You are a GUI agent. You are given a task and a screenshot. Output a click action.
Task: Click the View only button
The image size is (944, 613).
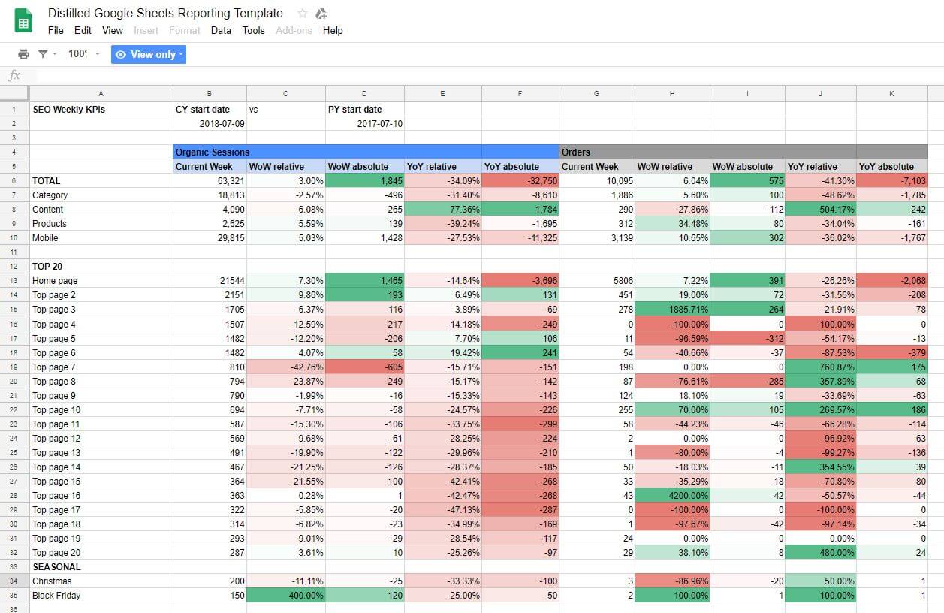pos(148,54)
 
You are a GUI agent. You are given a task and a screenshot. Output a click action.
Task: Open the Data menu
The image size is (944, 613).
pos(221,30)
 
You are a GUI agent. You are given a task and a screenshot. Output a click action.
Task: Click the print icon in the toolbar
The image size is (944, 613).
pos(23,54)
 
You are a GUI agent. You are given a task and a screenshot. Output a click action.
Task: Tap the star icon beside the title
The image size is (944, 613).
pos(302,14)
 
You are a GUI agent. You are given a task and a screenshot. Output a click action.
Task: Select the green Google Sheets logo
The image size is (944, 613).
pos(23,20)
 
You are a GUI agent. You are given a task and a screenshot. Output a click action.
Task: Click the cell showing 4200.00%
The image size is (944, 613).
pos(672,496)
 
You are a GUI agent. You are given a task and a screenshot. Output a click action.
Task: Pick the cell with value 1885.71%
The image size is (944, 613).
pos(672,310)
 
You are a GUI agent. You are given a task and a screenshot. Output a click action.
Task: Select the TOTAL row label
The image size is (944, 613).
pos(47,180)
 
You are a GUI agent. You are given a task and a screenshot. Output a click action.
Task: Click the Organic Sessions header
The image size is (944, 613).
pos(213,152)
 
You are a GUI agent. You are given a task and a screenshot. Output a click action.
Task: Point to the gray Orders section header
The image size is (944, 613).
pos(577,152)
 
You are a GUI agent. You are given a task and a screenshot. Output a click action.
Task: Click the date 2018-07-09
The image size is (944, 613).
pos(222,123)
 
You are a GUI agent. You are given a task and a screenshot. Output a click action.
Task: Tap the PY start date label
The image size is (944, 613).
pos(354,109)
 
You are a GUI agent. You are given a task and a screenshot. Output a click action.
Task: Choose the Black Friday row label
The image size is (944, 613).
pos(56,596)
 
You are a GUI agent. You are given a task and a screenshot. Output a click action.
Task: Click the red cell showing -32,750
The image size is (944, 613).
pos(520,180)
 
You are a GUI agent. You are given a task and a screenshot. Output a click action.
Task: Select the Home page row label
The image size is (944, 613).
pos(55,281)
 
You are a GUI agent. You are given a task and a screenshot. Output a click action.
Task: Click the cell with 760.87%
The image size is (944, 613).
pos(820,367)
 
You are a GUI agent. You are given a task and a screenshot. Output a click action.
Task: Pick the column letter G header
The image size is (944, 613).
pos(596,94)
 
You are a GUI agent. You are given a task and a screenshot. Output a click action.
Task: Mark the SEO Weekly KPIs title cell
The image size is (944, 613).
pos(68,109)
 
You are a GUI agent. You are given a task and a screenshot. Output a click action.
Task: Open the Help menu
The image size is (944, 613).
pos(333,30)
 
